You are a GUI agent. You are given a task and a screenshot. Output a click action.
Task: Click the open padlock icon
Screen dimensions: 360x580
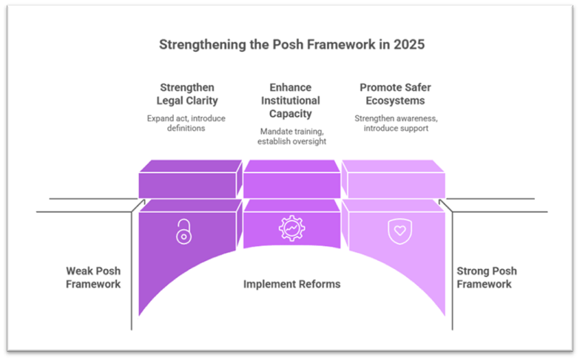click(183, 231)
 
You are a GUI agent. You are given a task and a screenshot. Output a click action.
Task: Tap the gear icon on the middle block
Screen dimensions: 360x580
click(291, 228)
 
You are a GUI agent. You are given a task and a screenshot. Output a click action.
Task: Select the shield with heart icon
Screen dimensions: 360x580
click(398, 230)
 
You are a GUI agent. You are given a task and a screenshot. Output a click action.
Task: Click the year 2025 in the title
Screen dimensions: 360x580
click(410, 44)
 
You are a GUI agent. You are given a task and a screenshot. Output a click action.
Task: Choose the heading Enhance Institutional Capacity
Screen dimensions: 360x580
click(291, 101)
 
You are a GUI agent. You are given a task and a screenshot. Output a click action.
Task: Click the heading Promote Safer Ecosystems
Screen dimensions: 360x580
click(395, 93)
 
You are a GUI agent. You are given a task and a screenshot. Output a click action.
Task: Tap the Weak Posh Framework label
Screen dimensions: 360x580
click(92, 277)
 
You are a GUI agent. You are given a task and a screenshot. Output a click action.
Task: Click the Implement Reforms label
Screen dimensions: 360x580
click(291, 285)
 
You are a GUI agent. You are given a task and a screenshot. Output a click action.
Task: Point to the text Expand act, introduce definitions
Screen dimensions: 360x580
click(186, 123)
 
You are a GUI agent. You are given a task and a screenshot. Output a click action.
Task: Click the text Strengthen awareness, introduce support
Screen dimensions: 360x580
click(395, 123)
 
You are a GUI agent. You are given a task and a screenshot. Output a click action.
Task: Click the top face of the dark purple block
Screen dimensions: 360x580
click(191, 166)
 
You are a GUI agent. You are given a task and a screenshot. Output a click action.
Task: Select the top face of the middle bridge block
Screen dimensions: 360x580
click(292, 166)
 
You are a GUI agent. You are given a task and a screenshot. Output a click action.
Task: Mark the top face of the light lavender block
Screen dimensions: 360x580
click(394, 166)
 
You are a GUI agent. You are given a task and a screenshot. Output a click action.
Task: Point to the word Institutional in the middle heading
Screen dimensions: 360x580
click(291, 101)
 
